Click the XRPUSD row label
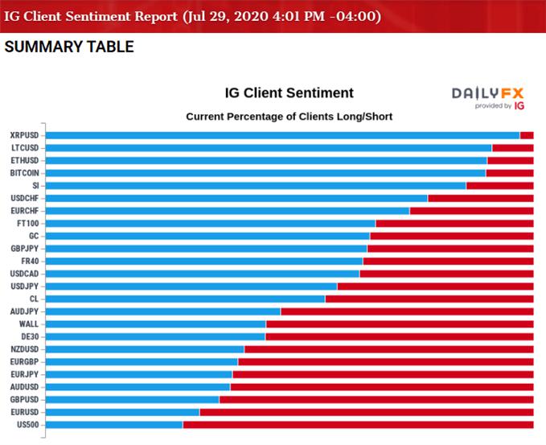[x=24, y=135]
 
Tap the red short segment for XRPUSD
[x=527, y=135]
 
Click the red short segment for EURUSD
[x=367, y=412]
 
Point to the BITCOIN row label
[x=24, y=173]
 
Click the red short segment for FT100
[x=454, y=223]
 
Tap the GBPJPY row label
[x=24, y=249]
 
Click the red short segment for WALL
[x=400, y=323]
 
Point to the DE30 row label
[x=30, y=336]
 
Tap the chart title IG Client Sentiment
[x=289, y=93]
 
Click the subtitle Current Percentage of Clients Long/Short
[x=289, y=117]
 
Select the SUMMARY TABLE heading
[x=69, y=47]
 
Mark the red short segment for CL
[x=429, y=299]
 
